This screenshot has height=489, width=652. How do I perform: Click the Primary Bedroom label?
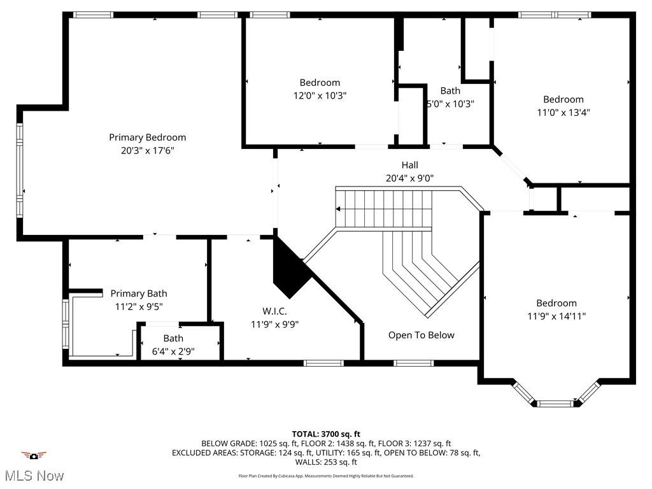pos(147,138)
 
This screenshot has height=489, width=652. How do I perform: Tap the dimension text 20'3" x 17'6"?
pos(147,151)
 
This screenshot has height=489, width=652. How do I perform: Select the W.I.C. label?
pos(274,311)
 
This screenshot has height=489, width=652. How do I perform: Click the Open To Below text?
pos(422,335)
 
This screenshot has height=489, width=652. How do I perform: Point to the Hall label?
pos(409,165)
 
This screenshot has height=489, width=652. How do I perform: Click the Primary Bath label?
pos(139,294)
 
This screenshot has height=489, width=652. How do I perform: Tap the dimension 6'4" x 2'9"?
pos(173,351)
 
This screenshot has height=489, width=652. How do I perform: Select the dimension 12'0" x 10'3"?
pos(320,96)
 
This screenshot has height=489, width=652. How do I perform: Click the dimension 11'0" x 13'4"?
pos(563,113)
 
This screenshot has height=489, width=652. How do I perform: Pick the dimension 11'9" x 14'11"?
pos(556,316)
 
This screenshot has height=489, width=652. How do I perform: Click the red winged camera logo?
pos(34,455)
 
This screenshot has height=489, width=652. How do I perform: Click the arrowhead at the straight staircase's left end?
pos(339,209)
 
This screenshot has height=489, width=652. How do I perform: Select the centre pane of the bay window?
pos(555,403)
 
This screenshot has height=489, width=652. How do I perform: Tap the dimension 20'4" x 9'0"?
pos(409,178)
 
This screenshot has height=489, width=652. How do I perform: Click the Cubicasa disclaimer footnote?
pos(326,476)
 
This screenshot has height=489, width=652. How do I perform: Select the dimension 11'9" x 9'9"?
pos(274,324)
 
